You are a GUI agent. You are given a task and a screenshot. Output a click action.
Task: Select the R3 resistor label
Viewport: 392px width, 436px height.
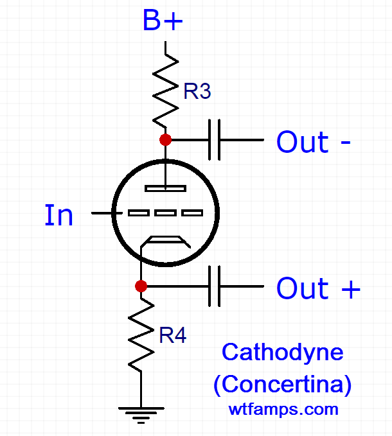197,92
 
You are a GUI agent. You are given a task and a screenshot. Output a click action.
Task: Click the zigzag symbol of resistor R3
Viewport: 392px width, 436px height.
166,90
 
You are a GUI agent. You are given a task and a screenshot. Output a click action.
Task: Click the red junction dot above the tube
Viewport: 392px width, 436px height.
166,139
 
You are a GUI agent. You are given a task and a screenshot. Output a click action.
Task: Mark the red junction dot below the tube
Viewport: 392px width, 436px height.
141,286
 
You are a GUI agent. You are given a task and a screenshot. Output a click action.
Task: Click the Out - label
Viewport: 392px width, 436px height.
313,142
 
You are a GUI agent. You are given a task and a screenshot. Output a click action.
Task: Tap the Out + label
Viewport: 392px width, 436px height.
318,289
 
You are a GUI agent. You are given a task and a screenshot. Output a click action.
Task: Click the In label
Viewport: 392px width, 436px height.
58,216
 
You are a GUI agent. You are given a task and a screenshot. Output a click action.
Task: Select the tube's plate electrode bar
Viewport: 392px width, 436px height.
166,188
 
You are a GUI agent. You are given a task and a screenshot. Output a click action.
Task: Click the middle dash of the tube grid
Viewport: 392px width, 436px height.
166,213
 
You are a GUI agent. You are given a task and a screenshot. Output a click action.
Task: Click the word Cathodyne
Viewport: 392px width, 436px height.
282,352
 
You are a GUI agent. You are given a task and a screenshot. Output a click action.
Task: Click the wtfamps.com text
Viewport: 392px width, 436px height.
283,408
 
